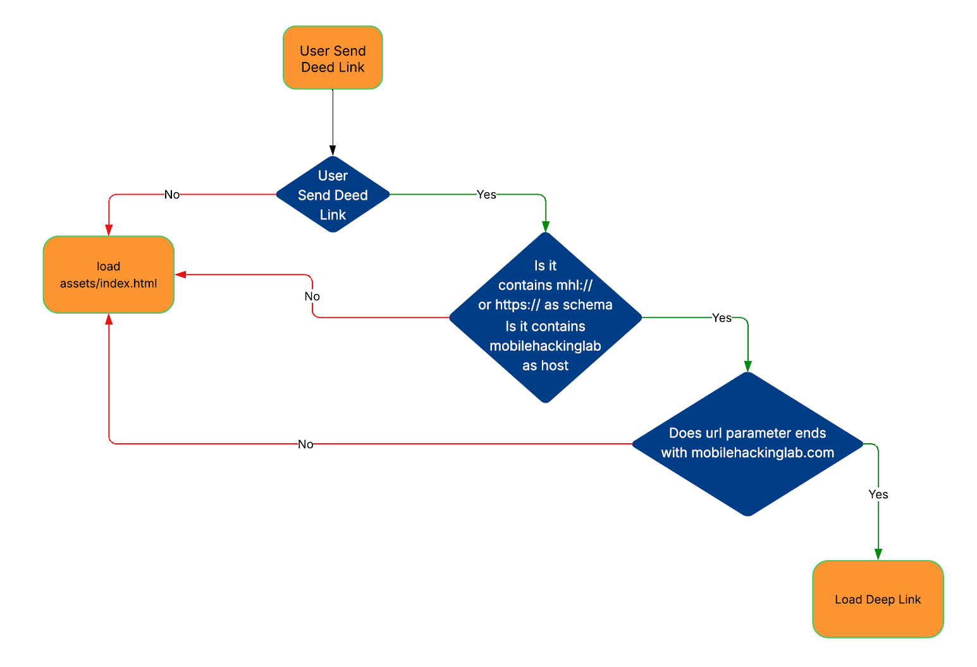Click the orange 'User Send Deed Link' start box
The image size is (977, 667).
point(333,58)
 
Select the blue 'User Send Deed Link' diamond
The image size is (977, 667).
point(333,195)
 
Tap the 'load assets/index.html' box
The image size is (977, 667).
point(108,275)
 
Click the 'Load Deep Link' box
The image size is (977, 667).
point(878,599)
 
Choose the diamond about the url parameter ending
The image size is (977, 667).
point(747,444)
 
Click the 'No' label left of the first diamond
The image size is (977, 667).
point(172,195)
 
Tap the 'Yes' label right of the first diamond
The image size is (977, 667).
point(486,195)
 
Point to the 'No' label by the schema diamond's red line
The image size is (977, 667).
point(312,297)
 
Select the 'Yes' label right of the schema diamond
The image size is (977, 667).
point(722,318)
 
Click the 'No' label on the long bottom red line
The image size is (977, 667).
point(305,444)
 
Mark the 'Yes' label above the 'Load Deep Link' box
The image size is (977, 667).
point(878,494)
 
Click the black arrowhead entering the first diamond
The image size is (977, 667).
point(333,150)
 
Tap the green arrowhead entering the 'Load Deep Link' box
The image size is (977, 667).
point(878,554)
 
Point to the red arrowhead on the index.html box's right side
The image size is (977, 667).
point(180,274)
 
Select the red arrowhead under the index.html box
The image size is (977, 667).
point(109,319)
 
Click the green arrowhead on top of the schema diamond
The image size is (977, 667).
point(546,227)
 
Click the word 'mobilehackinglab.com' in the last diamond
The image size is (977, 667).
point(763,453)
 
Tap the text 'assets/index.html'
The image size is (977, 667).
point(108,283)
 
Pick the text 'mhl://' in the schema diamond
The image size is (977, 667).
point(574,285)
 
